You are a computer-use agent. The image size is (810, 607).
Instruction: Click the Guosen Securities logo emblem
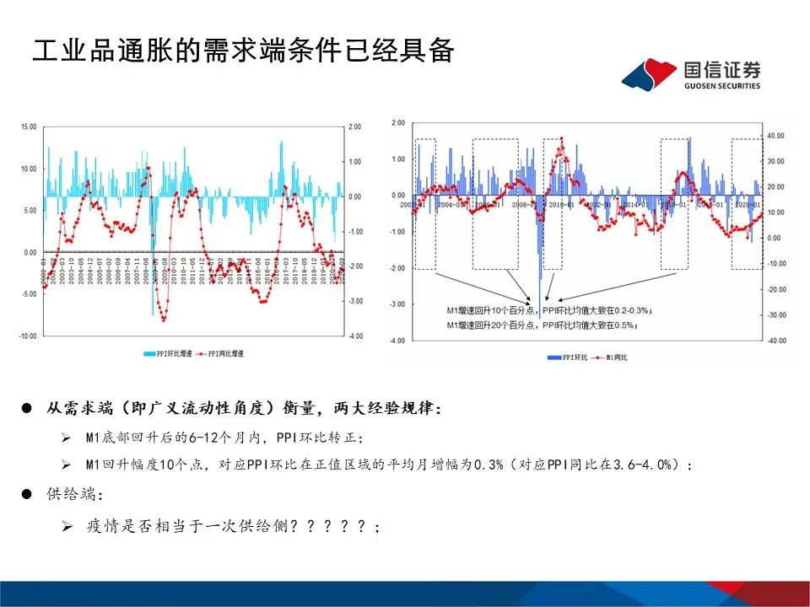point(649,74)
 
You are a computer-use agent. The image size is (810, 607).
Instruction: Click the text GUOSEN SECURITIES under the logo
point(721,86)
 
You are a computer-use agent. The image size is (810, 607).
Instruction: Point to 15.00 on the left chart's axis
point(30,126)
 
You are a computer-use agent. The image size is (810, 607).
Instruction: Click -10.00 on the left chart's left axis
point(29,336)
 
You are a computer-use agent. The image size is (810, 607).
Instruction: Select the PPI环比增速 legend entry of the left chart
point(169,354)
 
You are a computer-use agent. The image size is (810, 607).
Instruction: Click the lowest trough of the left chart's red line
point(163,320)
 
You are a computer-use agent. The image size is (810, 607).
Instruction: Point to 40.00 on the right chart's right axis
point(775,136)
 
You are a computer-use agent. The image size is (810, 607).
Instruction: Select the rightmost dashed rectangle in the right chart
point(747,204)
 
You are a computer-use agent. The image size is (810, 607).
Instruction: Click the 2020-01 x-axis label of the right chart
point(747,204)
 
